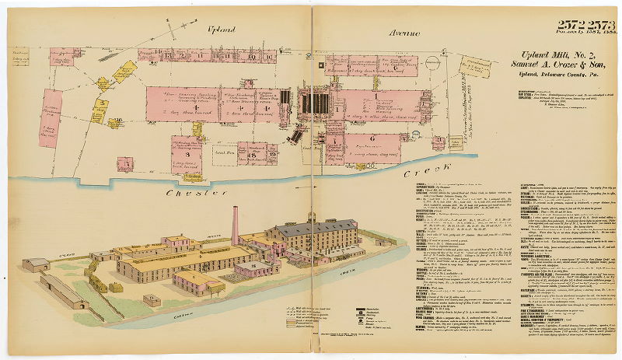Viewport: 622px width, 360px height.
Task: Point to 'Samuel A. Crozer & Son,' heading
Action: point(553,63)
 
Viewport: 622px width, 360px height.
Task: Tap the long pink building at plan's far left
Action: point(51,117)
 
